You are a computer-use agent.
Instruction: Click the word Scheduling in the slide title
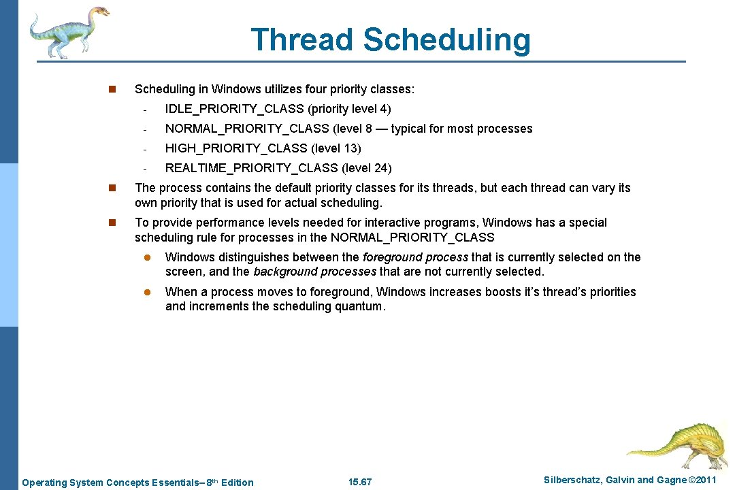[446, 41]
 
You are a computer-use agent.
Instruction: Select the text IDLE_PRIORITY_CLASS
[235, 109]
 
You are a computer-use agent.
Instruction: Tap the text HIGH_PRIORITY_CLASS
[236, 148]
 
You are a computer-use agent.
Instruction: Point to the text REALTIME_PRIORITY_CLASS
[252, 168]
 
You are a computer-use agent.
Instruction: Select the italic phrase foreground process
[415, 257]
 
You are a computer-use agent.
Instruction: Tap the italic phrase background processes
[314, 272]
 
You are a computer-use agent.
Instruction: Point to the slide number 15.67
[360, 483]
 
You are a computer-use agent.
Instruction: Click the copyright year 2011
[704, 480]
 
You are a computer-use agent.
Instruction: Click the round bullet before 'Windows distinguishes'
[145, 257]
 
